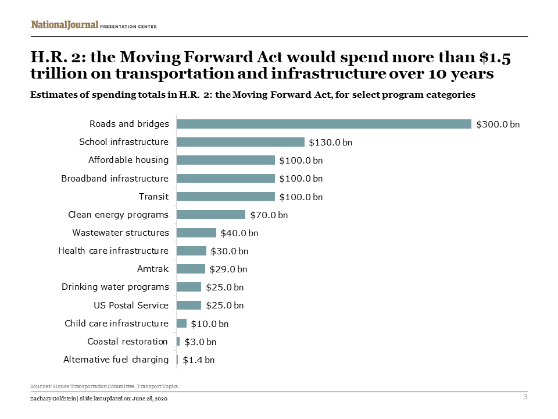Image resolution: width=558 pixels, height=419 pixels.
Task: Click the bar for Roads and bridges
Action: pos(323,124)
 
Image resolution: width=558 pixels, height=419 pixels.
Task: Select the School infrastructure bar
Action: pos(240,142)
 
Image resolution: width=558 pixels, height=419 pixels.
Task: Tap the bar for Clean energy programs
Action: pos(210,215)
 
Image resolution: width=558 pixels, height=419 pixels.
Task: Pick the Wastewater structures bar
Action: pos(196,233)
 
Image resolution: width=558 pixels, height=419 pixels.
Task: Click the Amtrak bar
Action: pos(191,269)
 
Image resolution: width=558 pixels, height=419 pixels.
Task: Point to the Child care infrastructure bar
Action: pos(181,324)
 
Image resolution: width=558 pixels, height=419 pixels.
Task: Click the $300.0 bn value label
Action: pos(498,125)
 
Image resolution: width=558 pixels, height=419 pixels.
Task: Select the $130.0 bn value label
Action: pos(330,143)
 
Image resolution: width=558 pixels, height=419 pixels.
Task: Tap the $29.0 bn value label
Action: pos(228,269)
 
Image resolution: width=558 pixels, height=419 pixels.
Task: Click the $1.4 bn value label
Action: pos(198,360)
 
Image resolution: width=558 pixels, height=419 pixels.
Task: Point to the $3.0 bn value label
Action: pos(200,342)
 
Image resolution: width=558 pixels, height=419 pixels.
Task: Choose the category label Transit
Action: pos(153,197)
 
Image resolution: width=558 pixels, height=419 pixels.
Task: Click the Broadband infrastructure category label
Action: pos(115,178)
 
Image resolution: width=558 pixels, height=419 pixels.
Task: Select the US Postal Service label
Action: pos(131,306)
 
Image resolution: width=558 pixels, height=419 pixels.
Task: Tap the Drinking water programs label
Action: pos(115,287)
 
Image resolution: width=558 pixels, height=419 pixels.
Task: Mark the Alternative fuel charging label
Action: pos(116,360)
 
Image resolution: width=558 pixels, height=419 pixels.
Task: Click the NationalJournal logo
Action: pos(65,25)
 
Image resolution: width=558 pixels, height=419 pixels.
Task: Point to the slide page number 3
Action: pos(525,397)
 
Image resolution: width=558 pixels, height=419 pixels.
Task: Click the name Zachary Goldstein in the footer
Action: pos(52,398)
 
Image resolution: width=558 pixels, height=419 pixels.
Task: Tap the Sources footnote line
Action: pos(105,386)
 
